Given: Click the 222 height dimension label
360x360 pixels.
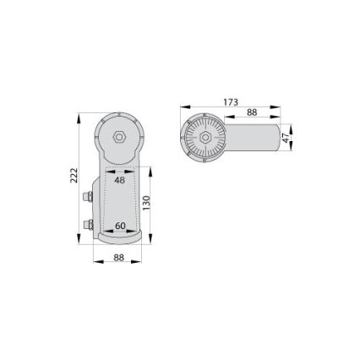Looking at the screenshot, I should click(74, 175).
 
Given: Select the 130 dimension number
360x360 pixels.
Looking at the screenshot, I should click(146, 203).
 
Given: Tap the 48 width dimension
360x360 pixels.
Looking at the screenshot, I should click(119, 180).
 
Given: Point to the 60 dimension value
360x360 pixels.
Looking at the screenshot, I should click(120, 226).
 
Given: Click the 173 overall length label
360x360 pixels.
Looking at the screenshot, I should click(231, 102).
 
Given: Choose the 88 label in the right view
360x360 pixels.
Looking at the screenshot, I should click(252, 112).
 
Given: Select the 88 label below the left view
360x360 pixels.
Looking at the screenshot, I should click(119, 257).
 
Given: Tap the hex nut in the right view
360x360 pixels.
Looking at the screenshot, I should click(205, 137).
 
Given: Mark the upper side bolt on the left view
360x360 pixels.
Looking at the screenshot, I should click(88, 199).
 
